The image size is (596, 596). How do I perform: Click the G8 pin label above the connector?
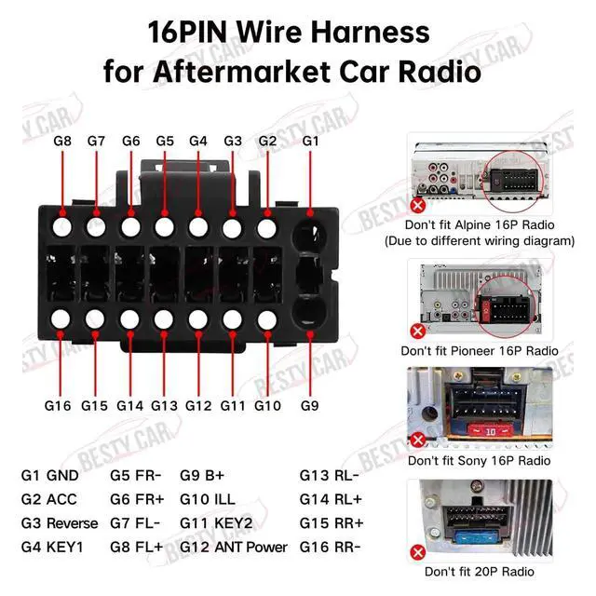pyautogui.click(x=62, y=141)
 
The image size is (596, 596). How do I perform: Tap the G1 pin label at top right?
pyautogui.click(x=310, y=141)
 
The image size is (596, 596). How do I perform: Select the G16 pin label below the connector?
pyautogui.click(x=58, y=405)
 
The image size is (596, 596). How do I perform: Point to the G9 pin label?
pyautogui.click(x=310, y=405)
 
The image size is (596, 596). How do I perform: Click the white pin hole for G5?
pyautogui.click(x=165, y=225)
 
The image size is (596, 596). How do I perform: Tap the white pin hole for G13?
pyautogui.click(x=165, y=319)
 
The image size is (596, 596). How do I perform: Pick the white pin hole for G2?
pyautogui.click(x=267, y=225)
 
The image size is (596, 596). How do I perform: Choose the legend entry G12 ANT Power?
pyautogui.click(x=234, y=547)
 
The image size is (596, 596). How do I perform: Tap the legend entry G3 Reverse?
pyautogui.click(x=59, y=522)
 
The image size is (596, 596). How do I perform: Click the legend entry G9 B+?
pyautogui.click(x=200, y=475)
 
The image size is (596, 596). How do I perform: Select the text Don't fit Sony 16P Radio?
pyautogui.click(x=479, y=460)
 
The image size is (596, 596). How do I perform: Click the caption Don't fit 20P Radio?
pyautogui.click(x=480, y=571)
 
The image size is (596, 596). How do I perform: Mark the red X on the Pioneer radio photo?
pyautogui.click(x=418, y=330)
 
